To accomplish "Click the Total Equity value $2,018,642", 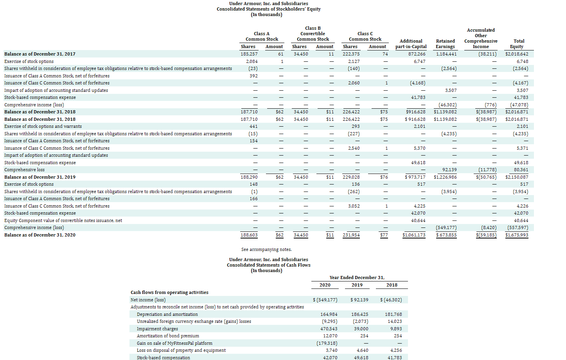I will [x=516, y=54].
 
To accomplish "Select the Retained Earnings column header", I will [x=445, y=44].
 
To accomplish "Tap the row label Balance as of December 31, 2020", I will [x=40, y=235].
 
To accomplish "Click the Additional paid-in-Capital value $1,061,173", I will [x=414, y=235].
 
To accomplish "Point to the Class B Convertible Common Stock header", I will [x=313, y=34].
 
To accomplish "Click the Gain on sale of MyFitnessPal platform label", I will [x=174, y=343].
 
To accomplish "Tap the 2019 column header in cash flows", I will [x=357, y=285].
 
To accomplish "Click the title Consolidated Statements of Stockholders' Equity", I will [x=268, y=9].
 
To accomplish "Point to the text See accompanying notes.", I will [x=266, y=249].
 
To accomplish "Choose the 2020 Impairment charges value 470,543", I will [x=329, y=329].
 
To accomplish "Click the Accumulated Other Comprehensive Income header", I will [x=481, y=38].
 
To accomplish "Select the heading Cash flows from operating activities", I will [x=169, y=292].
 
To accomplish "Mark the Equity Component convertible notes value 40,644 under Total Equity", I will [x=521, y=220].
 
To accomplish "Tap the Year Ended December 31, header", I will [x=357, y=278].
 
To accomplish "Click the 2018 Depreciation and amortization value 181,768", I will [x=393, y=314].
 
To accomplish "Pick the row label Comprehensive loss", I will [x=24, y=170].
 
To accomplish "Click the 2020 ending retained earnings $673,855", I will [x=446, y=235].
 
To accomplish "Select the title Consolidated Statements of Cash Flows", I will [x=268, y=265].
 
